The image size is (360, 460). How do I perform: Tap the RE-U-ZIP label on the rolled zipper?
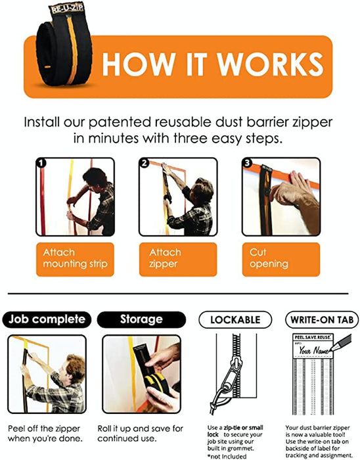click(67, 9)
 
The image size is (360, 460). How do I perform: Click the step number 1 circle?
click(41, 163)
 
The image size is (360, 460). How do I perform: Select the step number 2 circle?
click(145, 163)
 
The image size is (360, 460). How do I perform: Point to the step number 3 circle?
click(248, 163)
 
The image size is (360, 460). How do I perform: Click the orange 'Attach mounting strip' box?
click(75, 260)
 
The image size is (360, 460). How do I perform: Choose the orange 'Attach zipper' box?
click(178, 260)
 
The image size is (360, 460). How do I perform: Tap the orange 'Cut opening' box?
click(281, 260)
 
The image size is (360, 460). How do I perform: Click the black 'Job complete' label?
click(47, 319)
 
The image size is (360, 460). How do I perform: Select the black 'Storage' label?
click(141, 319)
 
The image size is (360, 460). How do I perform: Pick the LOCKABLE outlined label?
click(235, 319)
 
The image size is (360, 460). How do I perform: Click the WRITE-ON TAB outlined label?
click(322, 319)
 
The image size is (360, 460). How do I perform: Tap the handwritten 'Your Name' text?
click(313, 350)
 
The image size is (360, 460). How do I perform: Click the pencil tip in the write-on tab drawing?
click(330, 350)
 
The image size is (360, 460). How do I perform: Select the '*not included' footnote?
click(227, 456)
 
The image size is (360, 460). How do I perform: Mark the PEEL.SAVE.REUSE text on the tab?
click(313, 337)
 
